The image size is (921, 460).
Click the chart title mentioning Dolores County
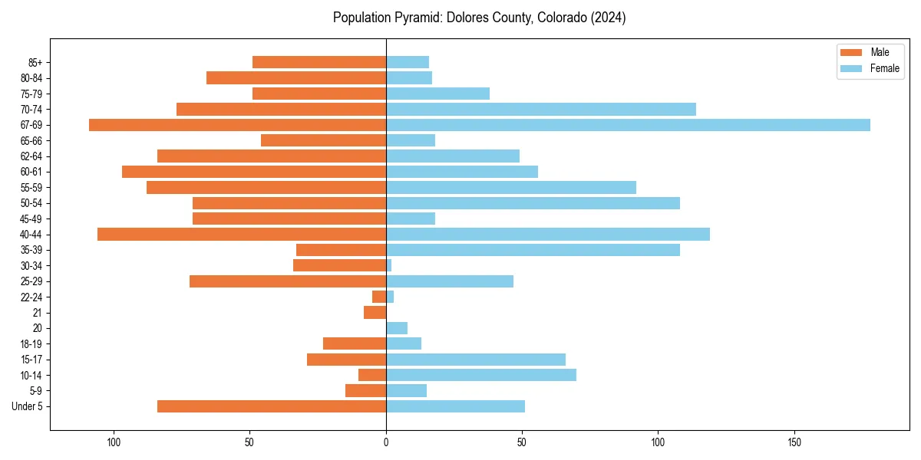(479, 18)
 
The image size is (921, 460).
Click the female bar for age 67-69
(628, 125)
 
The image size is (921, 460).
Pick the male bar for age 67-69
(237, 125)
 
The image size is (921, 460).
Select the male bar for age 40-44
(242, 235)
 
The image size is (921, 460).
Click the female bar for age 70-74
(541, 109)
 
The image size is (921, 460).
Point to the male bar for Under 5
(272, 406)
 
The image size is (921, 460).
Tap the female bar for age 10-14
(481, 375)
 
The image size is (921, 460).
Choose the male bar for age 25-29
(288, 281)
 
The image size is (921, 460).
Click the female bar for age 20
(397, 328)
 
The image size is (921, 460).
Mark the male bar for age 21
(375, 313)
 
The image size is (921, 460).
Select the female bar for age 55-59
(511, 187)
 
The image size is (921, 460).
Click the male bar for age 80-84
(296, 77)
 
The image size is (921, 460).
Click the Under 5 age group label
(27, 406)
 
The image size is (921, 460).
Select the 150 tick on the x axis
(794, 442)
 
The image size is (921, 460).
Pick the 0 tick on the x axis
(386, 442)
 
